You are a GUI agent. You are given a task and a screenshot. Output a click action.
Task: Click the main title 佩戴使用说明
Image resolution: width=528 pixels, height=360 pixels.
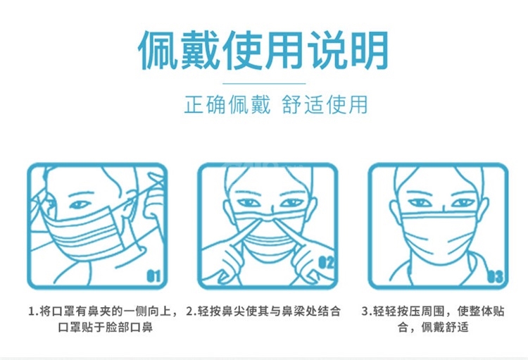pyautogui.click(x=263, y=50)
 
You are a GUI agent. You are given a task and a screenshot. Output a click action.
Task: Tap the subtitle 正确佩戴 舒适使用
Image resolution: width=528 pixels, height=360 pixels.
pyautogui.click(x=276, y=104)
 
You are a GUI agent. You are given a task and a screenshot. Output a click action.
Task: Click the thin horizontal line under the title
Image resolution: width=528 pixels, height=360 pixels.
pyautogui.click(x=264, y=83)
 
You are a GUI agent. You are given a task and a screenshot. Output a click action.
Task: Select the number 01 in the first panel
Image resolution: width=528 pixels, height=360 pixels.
pyautogui.click(x=153, y=276)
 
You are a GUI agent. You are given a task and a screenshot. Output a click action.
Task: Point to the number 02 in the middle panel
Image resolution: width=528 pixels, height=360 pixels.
pyautogui.click(x=326, y=262)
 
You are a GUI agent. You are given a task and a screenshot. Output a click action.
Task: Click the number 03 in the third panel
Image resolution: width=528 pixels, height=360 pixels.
pyautogui.click(x=496, y=277)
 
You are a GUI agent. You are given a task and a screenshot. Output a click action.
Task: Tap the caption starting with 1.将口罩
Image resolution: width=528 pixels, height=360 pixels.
pyautogui.click(x=103, y=318)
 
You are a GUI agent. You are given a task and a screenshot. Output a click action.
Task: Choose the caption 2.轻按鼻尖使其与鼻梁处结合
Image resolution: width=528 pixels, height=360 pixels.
pyautogui.click(x=263, y=311)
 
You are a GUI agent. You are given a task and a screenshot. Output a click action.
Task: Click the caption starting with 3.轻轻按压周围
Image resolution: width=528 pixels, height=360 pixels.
pyautogui.click(x=433, y=318)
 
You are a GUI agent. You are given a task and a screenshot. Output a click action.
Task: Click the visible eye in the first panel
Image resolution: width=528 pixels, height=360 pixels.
pyautogui.click(x=80, y=204)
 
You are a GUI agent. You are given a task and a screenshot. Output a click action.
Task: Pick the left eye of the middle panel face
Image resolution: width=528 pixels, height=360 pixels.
pyautogui.click(x=249, y=203)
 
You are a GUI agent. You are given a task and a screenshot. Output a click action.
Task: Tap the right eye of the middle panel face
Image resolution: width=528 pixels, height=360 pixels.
pyautogui.click(x=291, y=203)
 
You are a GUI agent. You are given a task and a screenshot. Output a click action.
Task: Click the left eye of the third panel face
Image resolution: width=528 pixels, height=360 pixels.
pyautogui.click(x=420, y=203)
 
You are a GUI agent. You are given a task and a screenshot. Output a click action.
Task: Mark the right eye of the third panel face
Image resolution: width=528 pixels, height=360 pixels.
pyautogui.click(x=463, y=203)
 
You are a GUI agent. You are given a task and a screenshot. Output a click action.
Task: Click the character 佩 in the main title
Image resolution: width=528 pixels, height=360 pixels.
pyautogui.click(x=158, y=50)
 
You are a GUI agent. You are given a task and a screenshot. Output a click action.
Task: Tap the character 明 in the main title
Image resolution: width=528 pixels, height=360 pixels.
pyautogui.click(x=370, y=50)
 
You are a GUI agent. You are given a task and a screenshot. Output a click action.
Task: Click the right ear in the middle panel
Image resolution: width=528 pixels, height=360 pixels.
pyautogui.click(x=311, y=210)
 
